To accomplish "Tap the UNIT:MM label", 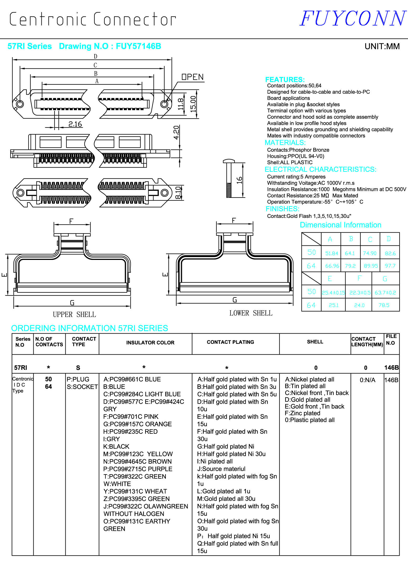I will click(382, 46).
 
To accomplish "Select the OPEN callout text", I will click(193, 77).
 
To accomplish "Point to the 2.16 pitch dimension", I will click(75, 124).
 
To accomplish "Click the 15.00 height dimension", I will click(193, 104).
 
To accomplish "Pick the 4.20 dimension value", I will click(177, 133).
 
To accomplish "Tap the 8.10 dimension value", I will click(178, 193).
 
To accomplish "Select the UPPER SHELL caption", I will click(74, 314).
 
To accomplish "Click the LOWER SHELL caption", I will click(251, 313).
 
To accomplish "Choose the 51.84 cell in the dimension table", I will click(331, 253).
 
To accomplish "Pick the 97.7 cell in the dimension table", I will click(390, 266).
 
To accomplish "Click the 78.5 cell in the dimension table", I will click(384, 305).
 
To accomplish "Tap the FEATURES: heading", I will click(285, 79).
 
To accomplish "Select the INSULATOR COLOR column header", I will click(150, 343).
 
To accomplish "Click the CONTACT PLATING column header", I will click(230, 342).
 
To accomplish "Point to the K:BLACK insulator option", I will click(116, 446).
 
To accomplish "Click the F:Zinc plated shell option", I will click(303, 413).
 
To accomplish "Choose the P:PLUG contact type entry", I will click(78, 379).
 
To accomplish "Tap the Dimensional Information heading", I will click(340, 225).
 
